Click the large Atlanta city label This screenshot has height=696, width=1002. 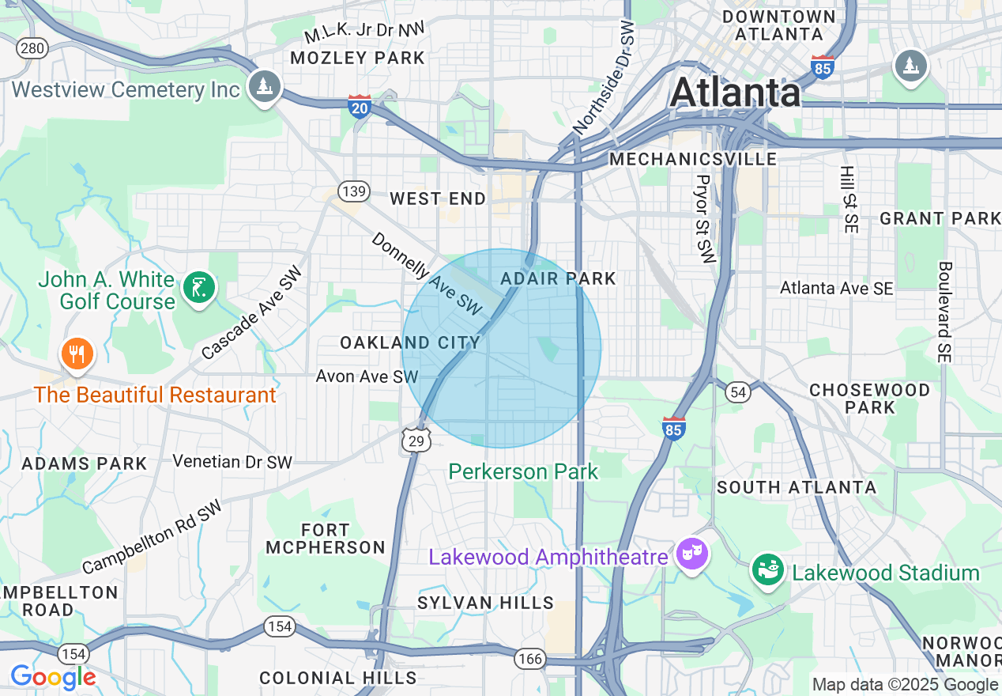pyautogui.click(x=735, y=93)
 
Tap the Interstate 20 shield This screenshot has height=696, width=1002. pyautogui.click(x=360, y=105)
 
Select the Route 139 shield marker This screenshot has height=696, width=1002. pyautogui.click(x=352, y=191)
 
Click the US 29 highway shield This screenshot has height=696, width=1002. pyautogui.click(x=416, y=440)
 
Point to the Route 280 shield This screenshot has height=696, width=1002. pyautogui.click(x=32, y=49)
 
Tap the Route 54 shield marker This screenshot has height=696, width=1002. pyautogui.click(x=738, y=392)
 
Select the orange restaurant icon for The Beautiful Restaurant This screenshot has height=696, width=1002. pyautogui.click(x=77, y=354)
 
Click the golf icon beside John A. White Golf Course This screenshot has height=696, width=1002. pyautogui.click(x=198, y=288)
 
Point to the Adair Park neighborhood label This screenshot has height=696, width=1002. pyautogui.click(x=558, y=278)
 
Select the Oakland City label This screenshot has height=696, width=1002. pyautogui.click(x=410, y=342)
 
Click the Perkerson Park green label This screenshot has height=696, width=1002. pyautogui.click(x=523, y=472)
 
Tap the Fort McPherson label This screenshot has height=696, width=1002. pyautogui.click(x=326, y=539)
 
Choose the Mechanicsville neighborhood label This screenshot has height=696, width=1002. pyautogui.click(x=693, y=159)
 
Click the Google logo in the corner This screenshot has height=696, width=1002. pyautogui.click(x=53, y=677)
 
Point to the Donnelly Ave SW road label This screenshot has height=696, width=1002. pyautogui.click(x=426, y=274)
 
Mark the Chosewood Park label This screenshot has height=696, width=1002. pyautogui.click(x=869, y=399)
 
